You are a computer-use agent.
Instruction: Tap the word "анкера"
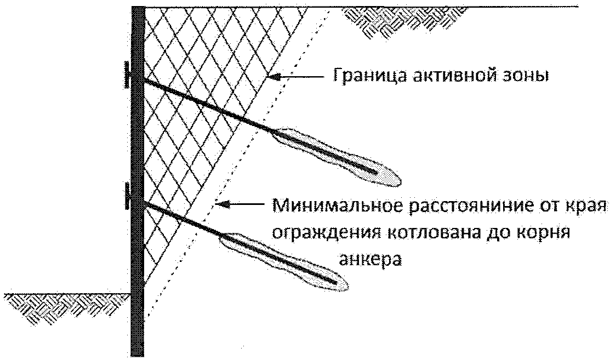(371, 258)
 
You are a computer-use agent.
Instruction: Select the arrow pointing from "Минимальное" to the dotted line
(241, 205)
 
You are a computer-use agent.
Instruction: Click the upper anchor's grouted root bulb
(337, 156)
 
